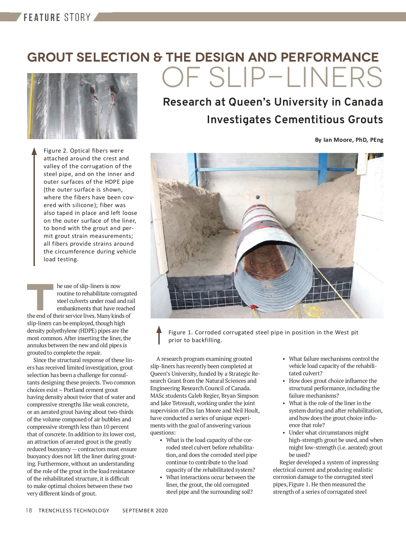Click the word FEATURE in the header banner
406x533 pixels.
pyautogui.click(x=42, y=17)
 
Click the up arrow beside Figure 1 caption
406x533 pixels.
pyautogui.click(x=159, y=335)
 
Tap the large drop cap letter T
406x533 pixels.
pyautogui.click(x=40, y=297)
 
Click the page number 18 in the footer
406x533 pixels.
pyautogui.click(x=29, y=510)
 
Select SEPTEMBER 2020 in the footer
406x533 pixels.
pyautogui.click(x=145, y=510)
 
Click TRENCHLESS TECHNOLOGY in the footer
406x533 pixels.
pyautogui.click(x=74, y=510)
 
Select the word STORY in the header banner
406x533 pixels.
pyautogui.click(x=77, y=17)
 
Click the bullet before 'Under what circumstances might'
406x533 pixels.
pyautogui.click(x=284, y=433)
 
